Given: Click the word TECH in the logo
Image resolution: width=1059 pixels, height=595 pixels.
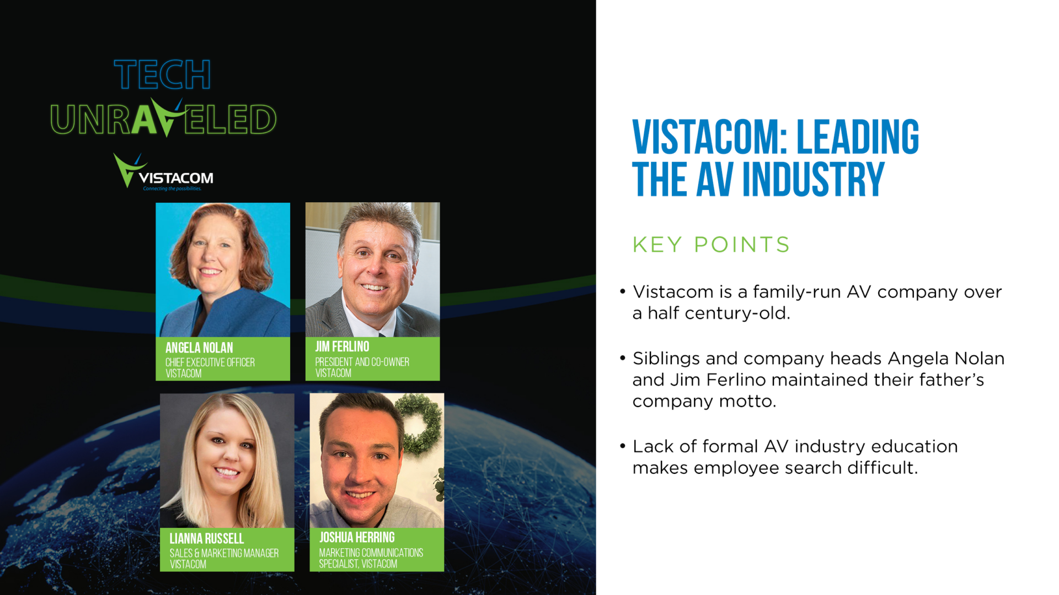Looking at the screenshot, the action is tap(162, 74).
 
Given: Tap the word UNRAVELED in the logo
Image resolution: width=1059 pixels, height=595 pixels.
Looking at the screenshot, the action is tap(163, 118).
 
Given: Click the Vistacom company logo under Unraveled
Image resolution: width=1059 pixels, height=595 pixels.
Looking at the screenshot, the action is tap(163, 172).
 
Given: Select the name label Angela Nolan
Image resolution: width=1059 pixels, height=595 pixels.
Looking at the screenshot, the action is tap(199, 348).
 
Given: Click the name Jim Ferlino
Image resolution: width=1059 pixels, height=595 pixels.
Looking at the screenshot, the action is tap(342, 347).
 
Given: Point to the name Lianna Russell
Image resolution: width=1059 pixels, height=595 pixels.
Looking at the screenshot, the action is tap(206, 538).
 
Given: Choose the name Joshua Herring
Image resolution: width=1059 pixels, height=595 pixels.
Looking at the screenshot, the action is tap(357, 537).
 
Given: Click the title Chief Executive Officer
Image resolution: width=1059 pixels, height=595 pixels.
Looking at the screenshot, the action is tap(210, 363).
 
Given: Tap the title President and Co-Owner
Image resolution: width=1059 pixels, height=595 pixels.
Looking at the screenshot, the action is tap(362, 362).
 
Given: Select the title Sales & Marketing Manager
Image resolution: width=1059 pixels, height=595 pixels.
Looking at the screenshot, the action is tap(224, 553).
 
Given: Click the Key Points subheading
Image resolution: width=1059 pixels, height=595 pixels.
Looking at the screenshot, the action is tap(711, 245).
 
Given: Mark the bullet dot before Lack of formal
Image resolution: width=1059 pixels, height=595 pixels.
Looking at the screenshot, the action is tap(623, 446).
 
